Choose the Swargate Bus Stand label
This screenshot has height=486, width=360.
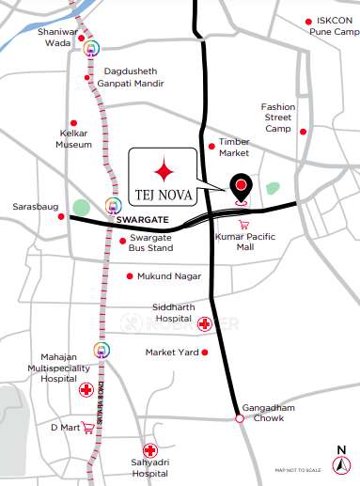(x=153, y=243)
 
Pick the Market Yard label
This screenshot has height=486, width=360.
(x=172, y=353)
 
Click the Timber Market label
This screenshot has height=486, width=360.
(x=235, y=147)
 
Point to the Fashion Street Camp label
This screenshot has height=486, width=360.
(x=278, y=118)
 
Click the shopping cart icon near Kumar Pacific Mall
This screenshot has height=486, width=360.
(x=243, y=224)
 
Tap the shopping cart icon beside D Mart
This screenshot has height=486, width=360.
(x=88, y=428)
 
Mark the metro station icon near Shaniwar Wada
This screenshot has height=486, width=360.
(x=91, y=49)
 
